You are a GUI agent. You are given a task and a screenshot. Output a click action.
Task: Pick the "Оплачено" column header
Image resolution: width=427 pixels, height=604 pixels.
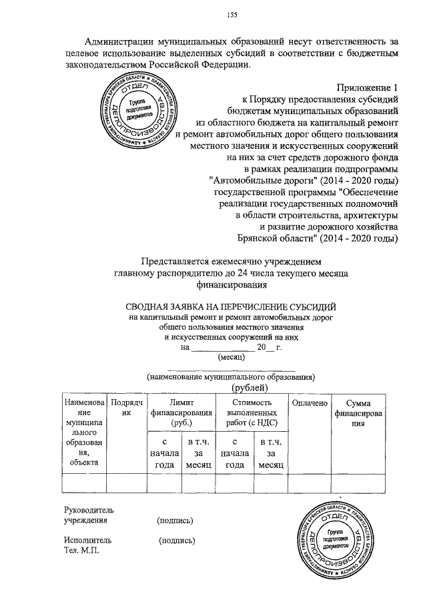click(x=307, y=403)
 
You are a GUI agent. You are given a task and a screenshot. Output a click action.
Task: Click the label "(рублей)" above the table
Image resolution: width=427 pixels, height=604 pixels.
click(x=250, y=388)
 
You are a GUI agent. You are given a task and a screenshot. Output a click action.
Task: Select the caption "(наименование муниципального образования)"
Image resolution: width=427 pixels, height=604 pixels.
click(x=231, y=377)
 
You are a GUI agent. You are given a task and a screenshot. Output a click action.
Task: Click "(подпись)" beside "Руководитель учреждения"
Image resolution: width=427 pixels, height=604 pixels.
click(x=175, y=521)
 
